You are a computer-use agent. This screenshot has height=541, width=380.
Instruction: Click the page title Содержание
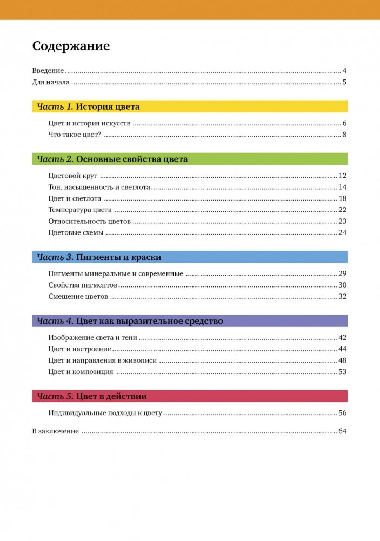[x=71, y=46]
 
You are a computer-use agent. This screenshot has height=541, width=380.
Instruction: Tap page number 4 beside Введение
[x=344, y=71]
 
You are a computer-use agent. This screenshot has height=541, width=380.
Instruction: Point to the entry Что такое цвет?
[x=75, y=135]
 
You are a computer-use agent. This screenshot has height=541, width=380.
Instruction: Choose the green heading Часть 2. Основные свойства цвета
[x=112, y=159]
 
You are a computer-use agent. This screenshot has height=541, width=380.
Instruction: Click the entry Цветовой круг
[x=72, y=175]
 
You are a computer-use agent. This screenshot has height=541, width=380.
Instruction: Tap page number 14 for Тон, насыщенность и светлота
[x=342, y=187]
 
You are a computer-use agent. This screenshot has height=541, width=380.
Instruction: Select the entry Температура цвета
[x=80, y=210]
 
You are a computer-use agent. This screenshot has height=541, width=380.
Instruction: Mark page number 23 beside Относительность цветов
[x=342, y=221]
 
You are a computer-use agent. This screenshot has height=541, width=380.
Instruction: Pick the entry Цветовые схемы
[x=75, y=232]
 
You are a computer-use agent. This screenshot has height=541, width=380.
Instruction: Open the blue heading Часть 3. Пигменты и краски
[x=99, y=257]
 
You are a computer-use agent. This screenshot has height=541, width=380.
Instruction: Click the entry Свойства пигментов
[x=83, y=285]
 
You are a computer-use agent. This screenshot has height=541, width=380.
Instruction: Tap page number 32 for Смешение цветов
[x=342, y=296]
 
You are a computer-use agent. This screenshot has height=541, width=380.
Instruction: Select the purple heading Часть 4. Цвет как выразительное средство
[x=130, y=321]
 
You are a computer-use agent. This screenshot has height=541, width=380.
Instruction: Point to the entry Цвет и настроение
[x=79, y=349]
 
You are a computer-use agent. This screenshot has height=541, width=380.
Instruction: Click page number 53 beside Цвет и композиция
[x=342, y=371]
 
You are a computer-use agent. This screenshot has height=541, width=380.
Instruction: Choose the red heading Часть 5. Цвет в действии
[x=92, y=396]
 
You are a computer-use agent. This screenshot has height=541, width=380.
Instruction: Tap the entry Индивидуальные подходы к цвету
[x=105, y=413]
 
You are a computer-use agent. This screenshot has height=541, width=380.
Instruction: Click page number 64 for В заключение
[x=342, y=431]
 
